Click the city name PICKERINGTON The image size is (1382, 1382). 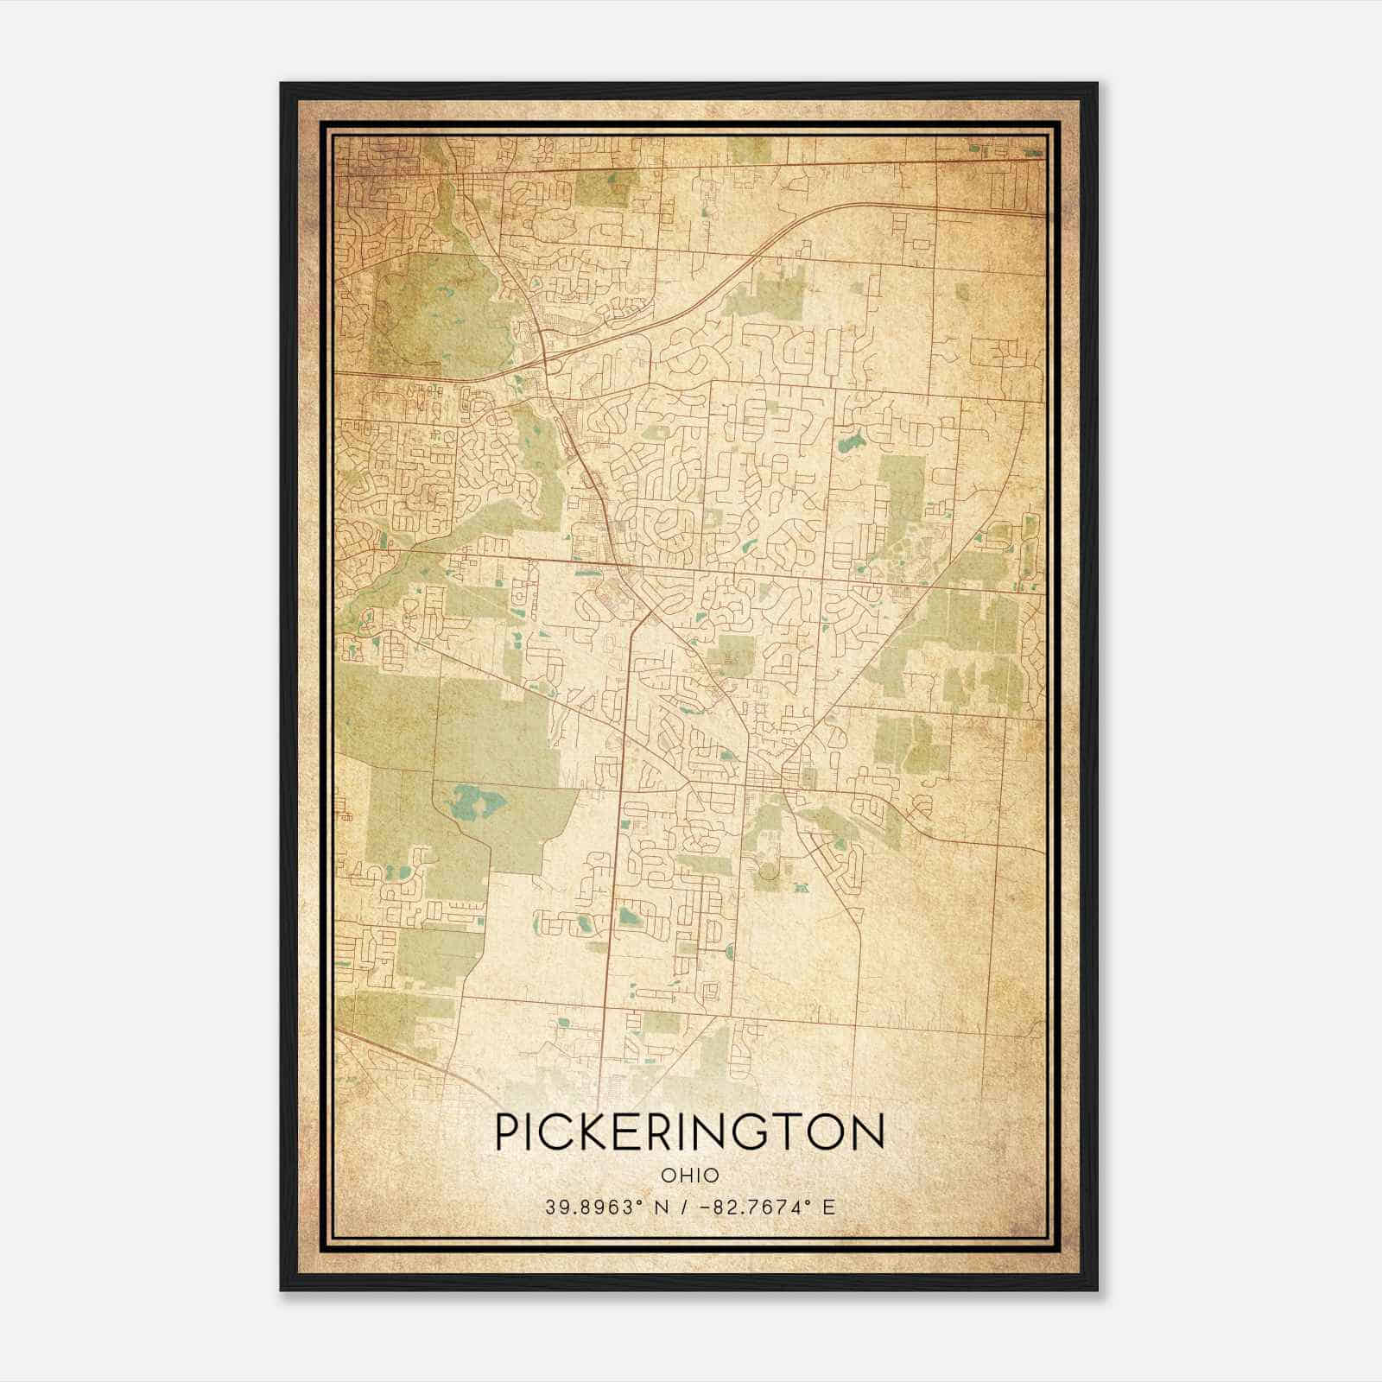[689, 1131]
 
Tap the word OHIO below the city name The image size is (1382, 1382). [689, 1176]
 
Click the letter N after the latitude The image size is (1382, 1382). [663, 1207]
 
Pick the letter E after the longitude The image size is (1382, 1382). [828, 1207]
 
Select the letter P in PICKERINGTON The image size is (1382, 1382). [510, 1131]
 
